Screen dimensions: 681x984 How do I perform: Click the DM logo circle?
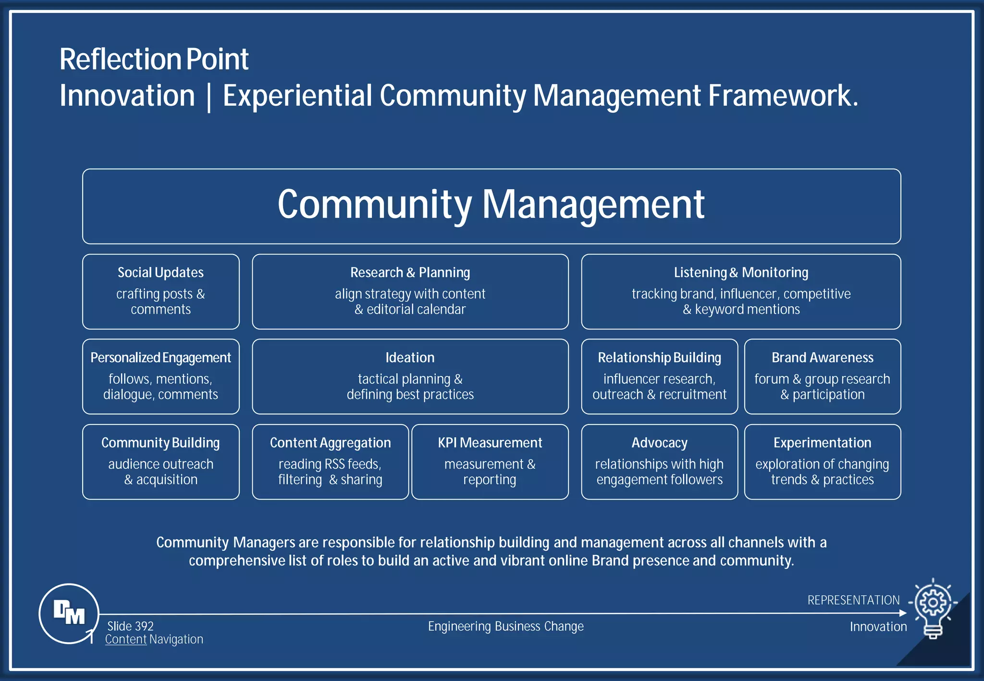coord(69,613)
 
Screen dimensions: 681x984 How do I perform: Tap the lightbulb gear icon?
coord(933,607)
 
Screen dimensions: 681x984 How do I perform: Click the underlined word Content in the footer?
coord(126,639)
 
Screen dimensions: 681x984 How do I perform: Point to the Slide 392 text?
coord(130,626)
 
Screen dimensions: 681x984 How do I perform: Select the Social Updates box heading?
coord(160,272)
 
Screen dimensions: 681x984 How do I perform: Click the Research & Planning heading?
coord(410,272)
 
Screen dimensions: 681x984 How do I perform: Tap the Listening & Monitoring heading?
coord(741,272)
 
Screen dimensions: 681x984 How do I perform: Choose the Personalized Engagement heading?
coord(160,358)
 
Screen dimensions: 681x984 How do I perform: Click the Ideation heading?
coord(410,358)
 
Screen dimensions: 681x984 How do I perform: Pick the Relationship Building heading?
coord(659,358)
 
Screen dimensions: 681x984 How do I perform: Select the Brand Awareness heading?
coord(822,358)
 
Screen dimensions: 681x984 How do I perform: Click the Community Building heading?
coord(160,443)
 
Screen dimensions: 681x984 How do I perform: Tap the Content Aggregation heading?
coord(330,443)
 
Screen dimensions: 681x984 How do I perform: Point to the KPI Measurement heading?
coord(490,443)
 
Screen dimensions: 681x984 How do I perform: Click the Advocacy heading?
coord(659,443)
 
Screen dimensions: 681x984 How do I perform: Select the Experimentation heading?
coord(822,443)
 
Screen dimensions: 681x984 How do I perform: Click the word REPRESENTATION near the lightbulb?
coord(853,600)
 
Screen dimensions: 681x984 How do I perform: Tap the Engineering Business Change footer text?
coord(505,626)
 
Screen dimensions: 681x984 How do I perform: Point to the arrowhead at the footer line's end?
coord(903,613)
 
